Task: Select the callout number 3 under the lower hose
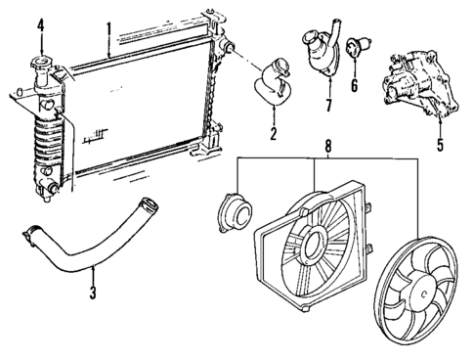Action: [92, 291]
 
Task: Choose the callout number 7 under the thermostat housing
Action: [328, 104]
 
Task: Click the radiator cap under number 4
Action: [41, 70]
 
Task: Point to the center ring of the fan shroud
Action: [316, 239]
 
